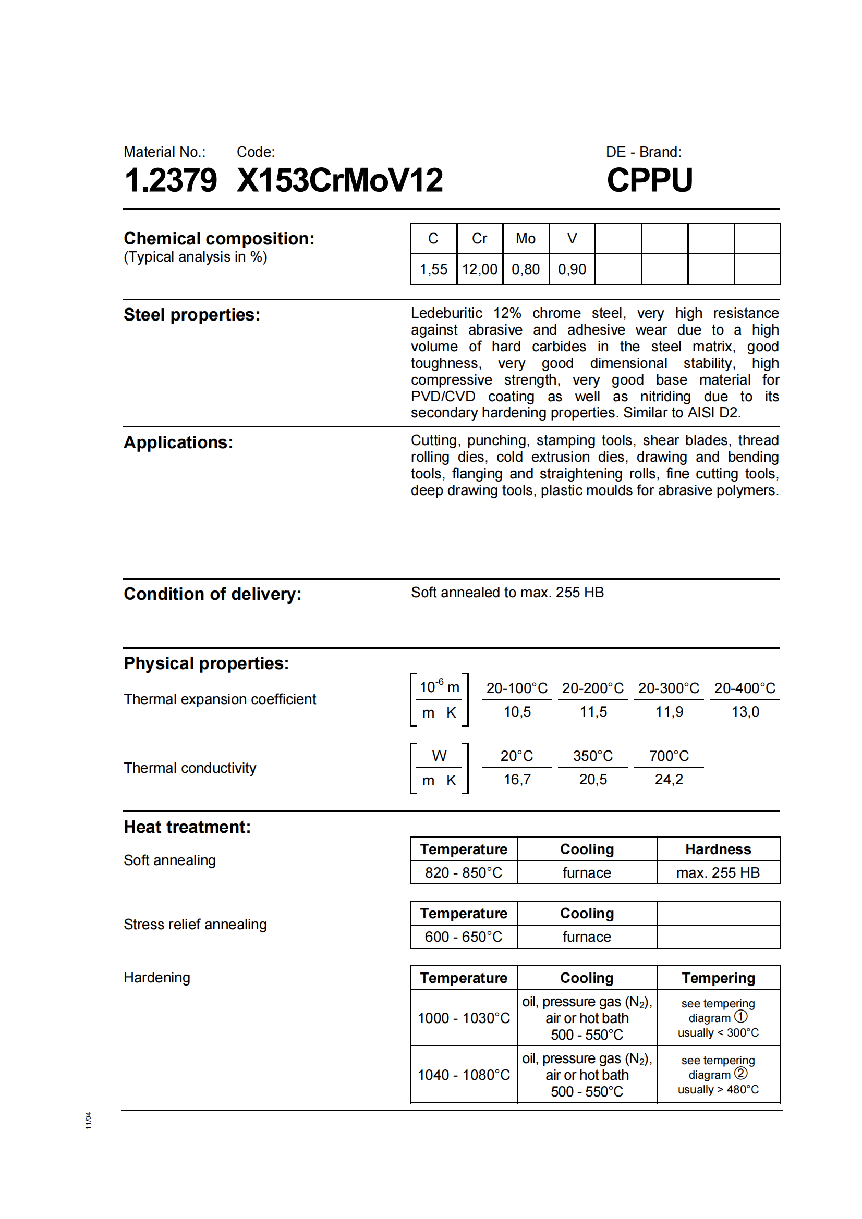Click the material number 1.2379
(x=171, y=180)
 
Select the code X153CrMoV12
(x=339, y=180)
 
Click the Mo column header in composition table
(x=525, y=239)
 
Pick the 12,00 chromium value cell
(x=479, y=269)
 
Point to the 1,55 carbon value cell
(x=433, y=269)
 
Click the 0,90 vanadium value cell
(x=572, y=269)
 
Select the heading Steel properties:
(x=192, y=315)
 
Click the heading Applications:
(x=178, y=442)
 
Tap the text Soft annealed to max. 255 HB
(x=507, y=593)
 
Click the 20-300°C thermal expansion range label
(x=668, y=688)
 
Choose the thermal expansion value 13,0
(x=745, y=712)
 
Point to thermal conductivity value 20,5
(x=593, y=779)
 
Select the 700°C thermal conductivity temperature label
(x=668, y=756)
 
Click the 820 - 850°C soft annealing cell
(x=463, y=873)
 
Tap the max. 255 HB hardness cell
(x=718, y=873)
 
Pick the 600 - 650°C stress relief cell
(x=463, y=937)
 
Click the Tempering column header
(x=718, y=978)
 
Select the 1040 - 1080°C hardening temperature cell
(x=463, y=1075)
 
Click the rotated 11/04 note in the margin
(x=88, y=1121)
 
